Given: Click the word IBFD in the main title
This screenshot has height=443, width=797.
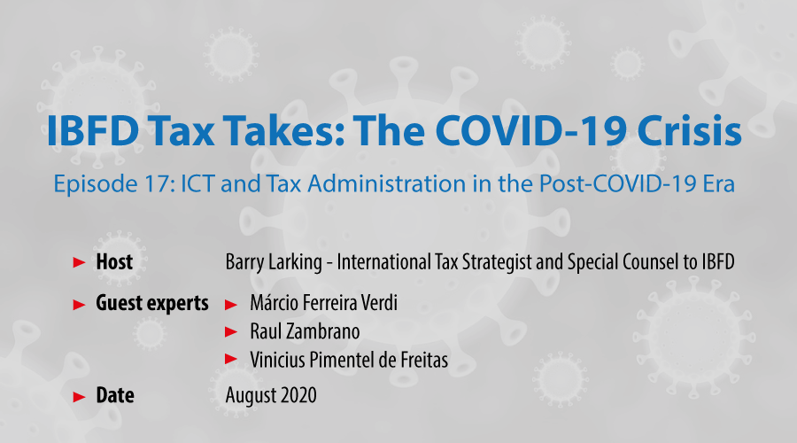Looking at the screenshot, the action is [92, 131].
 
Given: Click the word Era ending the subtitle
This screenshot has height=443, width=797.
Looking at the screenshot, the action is [719, 183].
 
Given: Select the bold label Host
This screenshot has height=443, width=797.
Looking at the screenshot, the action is [114, 262].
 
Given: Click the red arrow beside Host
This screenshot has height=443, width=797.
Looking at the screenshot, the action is [80, 262].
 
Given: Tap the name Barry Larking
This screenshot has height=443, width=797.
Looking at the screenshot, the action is [274, 262].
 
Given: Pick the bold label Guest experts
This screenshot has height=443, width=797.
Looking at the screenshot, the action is [152, 304].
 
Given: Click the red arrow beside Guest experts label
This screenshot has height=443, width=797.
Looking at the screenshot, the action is [80, 305].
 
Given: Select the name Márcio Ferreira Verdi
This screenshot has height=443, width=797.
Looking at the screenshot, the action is [323, 303].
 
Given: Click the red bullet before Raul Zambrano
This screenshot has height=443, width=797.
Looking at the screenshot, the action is [231, 332].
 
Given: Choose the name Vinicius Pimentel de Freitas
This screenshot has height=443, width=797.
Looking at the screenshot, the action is [349, 360].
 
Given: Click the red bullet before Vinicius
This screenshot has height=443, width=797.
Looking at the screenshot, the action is [231, 359].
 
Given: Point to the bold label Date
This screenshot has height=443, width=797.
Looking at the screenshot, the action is [115, 395].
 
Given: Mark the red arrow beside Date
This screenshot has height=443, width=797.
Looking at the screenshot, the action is [80, 397].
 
